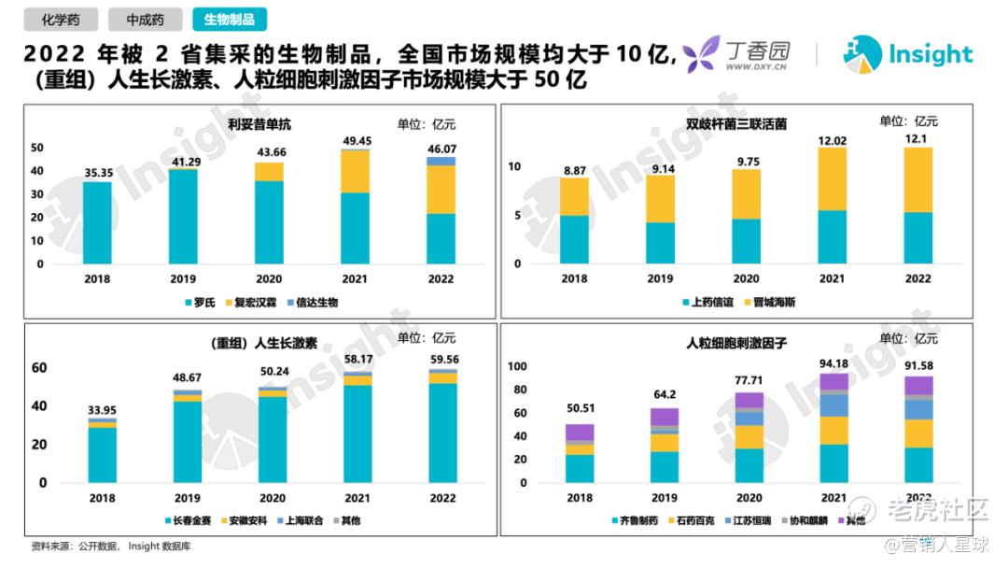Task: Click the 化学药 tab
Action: click(58, 19)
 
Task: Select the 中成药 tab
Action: click(145, 19)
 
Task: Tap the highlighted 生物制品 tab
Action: click(229, 19)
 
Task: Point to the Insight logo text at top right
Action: click(930, 54)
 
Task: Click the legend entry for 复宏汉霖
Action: click(252, 303)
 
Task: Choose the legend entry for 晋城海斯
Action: click(769, 303)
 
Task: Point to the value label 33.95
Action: click(102, 409)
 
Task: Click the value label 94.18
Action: click(833, 363)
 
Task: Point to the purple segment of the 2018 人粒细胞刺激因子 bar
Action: click(580, 433)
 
